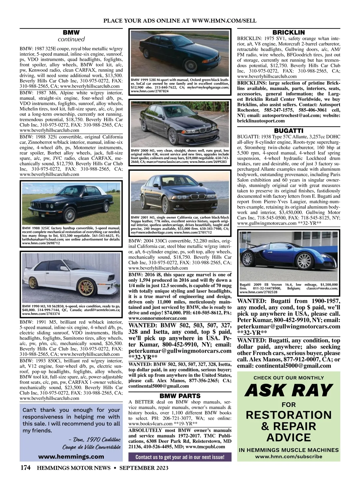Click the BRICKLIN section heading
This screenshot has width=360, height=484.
tap(288, 32)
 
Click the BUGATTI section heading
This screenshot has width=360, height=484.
tap(289, 131)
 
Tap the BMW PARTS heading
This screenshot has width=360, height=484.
tap(180, 396)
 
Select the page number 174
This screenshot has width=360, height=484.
tap(25, 468)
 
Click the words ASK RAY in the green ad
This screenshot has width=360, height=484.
tap(289, 390)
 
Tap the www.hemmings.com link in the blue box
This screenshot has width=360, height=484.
tap(71, 456)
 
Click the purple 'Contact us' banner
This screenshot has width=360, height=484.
tap(180, 457)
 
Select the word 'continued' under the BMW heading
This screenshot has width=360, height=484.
tap(71, 39)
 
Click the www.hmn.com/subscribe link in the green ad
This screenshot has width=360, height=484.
tap(289, 457)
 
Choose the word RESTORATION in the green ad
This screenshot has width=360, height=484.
tap(289, 415)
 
